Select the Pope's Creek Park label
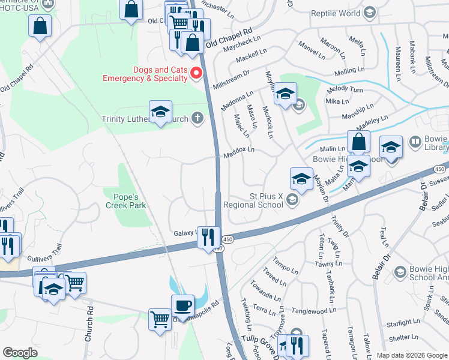coord(125,201)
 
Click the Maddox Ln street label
coord(239,149)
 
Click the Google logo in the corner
coord(20,352)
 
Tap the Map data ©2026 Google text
coord(411,355)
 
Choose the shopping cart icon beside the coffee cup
coord(160,319)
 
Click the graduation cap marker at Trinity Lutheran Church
coord(160,112)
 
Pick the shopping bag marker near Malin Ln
coord(358,143)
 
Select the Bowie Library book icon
coord(414,142)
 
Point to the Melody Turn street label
coord(345,89)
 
